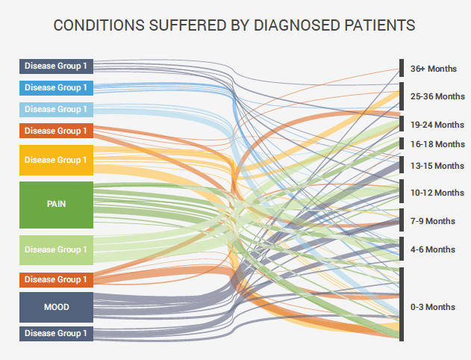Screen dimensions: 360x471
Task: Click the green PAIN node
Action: coord(56,204)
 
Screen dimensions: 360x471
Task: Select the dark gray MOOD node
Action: coord(56,307)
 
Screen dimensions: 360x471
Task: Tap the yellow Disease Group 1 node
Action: coord(56,160)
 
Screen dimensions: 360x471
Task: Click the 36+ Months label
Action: coord(433,69)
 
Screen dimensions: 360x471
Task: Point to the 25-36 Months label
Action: coord(437,96)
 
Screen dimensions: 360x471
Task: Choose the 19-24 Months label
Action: coord(437,124)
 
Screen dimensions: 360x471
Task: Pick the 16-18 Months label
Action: coord(437,143)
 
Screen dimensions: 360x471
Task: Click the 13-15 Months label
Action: coord(437,165)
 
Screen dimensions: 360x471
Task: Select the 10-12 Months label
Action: coord(437,193)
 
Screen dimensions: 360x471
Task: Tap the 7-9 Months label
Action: coord(433,221)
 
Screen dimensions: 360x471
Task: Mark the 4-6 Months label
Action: coord(433,249)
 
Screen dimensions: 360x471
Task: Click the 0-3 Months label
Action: coord(433,307)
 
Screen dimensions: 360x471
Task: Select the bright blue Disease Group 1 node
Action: coord(56,87)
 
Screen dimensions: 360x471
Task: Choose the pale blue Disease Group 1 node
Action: coord(56,109)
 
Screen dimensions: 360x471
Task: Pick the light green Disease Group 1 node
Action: coord(56,249)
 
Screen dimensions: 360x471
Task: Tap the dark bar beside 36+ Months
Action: coord(402,68)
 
